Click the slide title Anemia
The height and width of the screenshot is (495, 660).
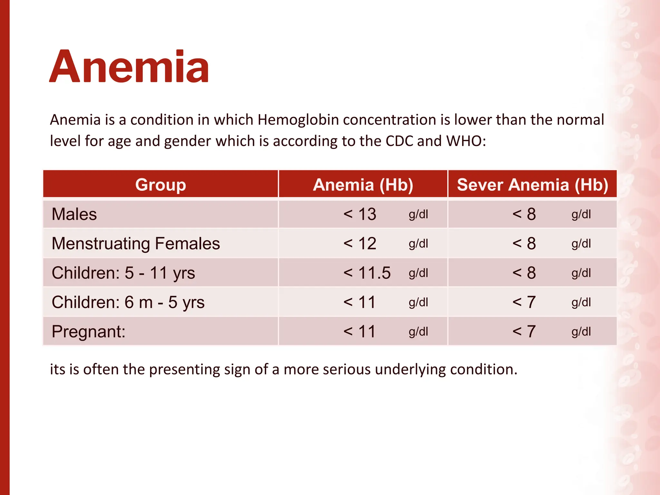[x=129, y=67]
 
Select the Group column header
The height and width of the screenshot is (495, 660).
[x=160, y=185]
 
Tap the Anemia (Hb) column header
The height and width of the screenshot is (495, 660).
[x=363, y=185]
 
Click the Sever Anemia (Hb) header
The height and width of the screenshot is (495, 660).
[x=532, y=185]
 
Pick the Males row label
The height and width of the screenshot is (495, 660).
[x=74, y=214]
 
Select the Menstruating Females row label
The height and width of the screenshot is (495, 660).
[x=136, y=244]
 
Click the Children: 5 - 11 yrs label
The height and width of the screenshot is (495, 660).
[x=123, y=273]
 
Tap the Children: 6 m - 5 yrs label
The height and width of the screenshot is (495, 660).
[x=128, y=302]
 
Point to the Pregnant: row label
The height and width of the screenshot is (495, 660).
[x=88, y=332]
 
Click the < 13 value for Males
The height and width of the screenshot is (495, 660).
[x=360, y=214]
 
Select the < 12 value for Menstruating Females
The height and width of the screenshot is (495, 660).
[x=360, y=244]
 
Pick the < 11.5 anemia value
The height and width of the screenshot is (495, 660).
[x=367, y=273]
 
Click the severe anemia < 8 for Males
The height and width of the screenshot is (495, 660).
[x=524, y=214]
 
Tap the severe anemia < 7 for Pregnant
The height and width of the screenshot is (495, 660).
[x=524, y=332]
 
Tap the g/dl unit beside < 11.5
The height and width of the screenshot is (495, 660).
[x=418, y=273]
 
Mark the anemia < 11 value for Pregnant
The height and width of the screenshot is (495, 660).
[x=360, y=332]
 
